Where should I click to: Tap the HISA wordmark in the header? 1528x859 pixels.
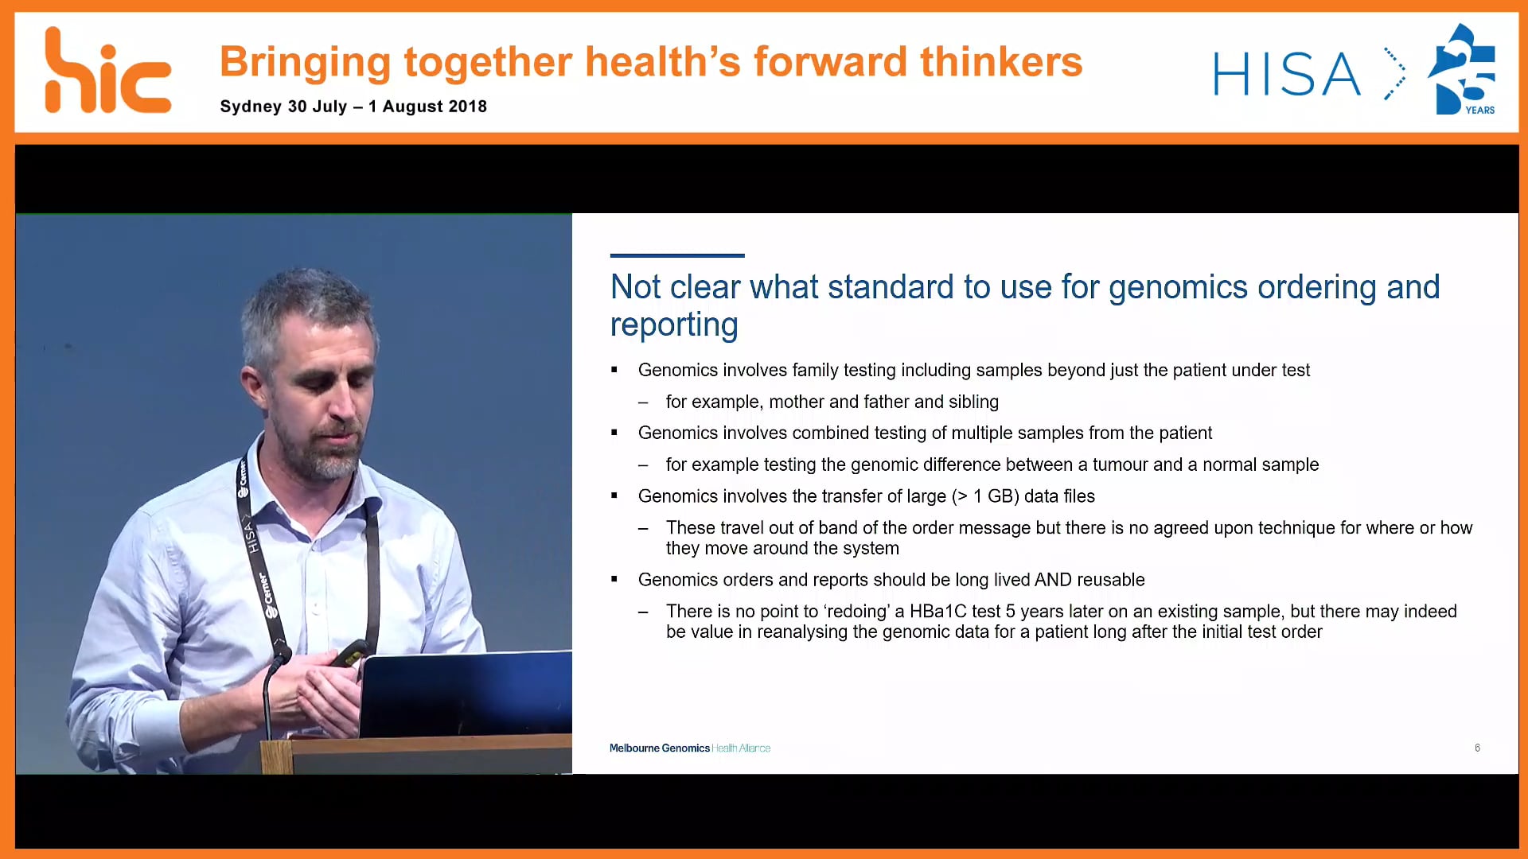point(1286,75)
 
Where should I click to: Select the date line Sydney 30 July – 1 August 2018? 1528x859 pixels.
point(353,107)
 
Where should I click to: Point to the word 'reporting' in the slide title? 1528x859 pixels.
point(673,325)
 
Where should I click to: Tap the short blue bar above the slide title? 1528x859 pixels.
point(676,255)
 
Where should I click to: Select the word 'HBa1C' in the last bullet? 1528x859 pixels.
point(937,612)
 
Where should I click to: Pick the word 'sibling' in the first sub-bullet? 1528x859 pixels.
point(973,402)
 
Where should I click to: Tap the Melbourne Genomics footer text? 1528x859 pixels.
point(659,748)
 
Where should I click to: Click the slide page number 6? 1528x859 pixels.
point(1477,748)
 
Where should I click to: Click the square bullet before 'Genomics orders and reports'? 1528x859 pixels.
point(614,579)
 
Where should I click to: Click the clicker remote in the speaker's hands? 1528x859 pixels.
point(350,655)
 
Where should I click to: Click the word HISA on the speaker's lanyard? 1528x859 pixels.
point(250,536)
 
